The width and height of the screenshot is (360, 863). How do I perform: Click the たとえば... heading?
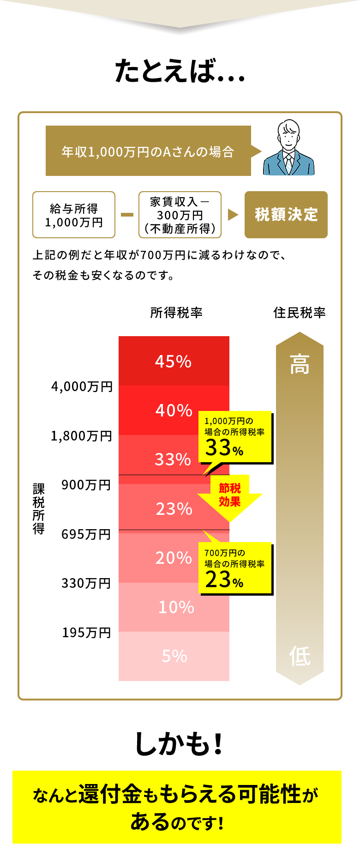coord(180,72)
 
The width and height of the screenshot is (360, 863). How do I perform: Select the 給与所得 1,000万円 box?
coord(74,215)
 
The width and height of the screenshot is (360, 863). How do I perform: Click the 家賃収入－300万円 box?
coord(180,215)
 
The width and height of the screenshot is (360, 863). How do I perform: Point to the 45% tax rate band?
coord(174,361)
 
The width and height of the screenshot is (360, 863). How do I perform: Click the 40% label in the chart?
coord(174,410)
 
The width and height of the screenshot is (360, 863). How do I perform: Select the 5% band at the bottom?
coord(174,656)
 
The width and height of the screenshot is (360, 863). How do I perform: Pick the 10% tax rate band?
coord(176,607)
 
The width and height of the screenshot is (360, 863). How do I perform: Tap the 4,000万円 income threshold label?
coord(82,386)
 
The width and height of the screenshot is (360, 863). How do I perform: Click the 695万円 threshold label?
coord(86,534)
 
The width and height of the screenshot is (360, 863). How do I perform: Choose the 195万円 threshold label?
coord(87,633)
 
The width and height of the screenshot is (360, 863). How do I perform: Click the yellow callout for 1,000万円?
coord(235,437)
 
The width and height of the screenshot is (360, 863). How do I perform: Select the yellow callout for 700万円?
coord(235,568)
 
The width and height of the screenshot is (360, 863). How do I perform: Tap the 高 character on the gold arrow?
coord(300,364)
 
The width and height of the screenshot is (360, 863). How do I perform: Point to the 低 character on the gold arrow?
coord(300,656)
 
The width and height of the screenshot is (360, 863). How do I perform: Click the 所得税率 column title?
coord(176,313)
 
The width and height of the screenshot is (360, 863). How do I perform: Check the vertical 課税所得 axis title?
coord(39,508)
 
